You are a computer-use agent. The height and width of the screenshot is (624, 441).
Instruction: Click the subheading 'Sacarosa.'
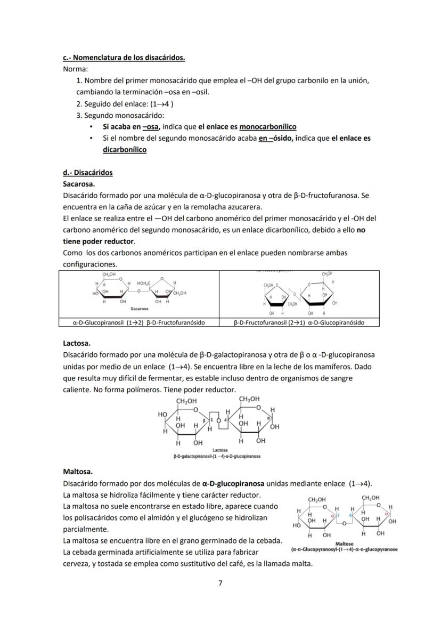click(79, 184)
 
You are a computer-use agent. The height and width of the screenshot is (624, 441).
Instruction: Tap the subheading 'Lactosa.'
click(77, 344)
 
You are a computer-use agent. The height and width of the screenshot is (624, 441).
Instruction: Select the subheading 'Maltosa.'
click(78, 472)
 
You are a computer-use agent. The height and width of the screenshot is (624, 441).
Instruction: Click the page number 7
click(220, 583)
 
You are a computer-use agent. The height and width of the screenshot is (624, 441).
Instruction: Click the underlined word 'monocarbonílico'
click(268, 127)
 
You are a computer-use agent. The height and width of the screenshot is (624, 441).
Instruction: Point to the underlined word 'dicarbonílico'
click(124, 150)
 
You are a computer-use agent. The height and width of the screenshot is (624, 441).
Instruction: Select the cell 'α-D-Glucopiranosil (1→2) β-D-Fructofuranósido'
click(139, 322)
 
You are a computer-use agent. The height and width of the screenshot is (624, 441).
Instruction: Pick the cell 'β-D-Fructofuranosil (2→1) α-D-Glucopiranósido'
click(299, 322)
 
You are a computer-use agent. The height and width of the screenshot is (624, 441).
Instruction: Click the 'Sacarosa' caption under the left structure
click(139, 308)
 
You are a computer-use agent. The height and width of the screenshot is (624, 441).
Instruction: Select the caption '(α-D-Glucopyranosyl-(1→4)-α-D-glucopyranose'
click(345, 549)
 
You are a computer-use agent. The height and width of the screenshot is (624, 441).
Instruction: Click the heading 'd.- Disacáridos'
click(87, 173)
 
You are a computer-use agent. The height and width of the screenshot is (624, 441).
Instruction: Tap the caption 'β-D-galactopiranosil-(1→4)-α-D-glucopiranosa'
click(217, 457)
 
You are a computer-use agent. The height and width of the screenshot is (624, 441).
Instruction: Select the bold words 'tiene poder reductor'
click(98, 241)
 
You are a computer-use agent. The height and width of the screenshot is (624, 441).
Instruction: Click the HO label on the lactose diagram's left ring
click(162, 414)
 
